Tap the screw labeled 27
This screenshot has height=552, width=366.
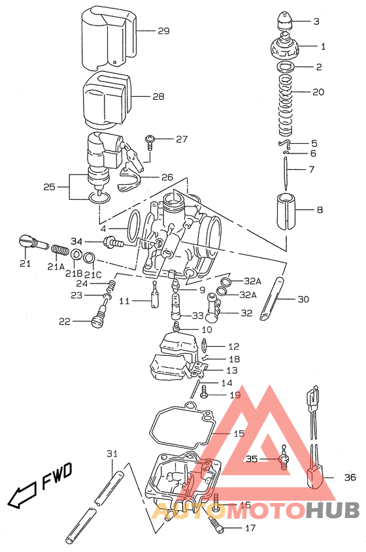150,140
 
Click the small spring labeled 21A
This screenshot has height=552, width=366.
59,250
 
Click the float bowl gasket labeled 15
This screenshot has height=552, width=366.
186,428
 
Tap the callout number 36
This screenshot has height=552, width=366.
350,478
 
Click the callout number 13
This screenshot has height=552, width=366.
232,370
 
